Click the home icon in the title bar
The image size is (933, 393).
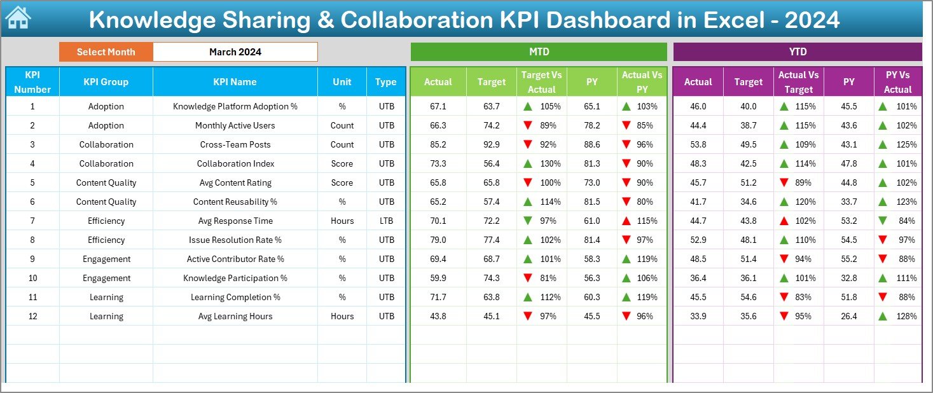tap(17, 18)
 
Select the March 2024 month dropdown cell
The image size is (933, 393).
tap(235, 52)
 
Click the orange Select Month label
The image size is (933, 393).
tap(106, 52)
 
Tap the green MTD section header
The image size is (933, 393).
tap(539, 52)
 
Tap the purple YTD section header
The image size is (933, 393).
tap(798, 52)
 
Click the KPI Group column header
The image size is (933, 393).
tap(106, 81)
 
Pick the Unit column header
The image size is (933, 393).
tap(342, 81)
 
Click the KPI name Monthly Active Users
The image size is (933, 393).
tap(235, 125)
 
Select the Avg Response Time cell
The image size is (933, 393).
tap(235, 221)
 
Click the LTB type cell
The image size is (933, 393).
tap(386, 221)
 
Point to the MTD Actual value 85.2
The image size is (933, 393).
tap(438, 144)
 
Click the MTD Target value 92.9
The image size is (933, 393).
tap(491, 144)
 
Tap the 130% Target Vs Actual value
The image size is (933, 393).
tap(550, 163)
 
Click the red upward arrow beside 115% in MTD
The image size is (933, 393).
tap(626, 221)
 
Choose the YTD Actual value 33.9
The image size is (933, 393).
tap(698, 316)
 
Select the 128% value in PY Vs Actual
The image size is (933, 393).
tap(906, 316)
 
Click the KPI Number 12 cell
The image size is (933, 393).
tap(32, 316)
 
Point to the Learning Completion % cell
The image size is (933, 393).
tap(235, 297)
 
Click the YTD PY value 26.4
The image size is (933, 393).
tap(848, 316)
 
